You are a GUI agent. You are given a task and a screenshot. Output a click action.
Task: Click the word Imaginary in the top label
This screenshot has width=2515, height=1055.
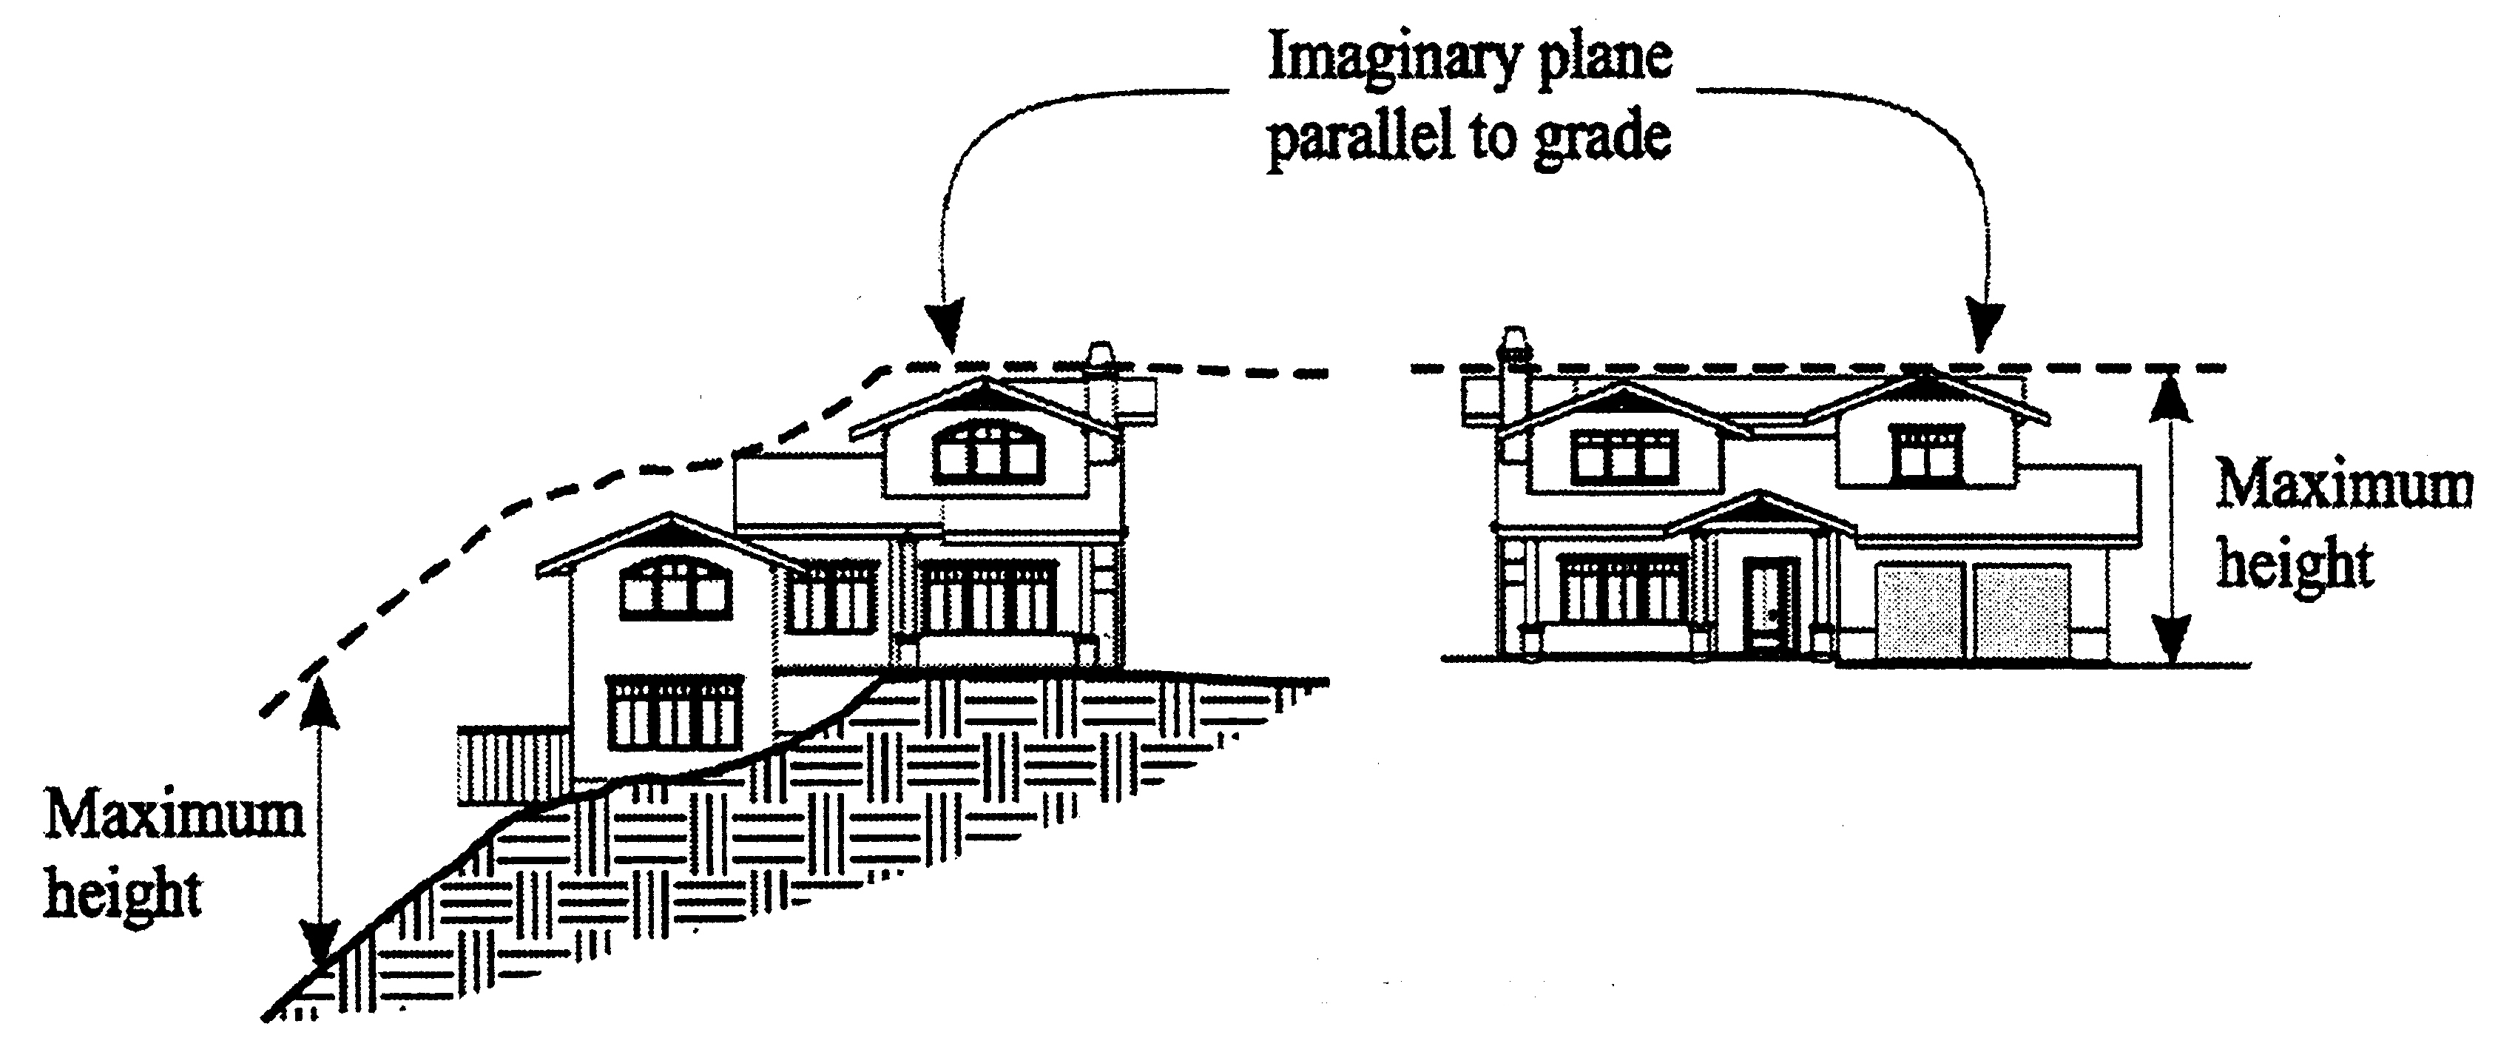click(x=1392, y=58)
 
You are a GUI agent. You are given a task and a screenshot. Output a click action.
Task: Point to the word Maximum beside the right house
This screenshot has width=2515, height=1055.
click(x=2343, y=488)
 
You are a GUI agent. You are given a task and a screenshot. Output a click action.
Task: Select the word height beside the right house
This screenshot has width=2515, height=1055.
click(x=2295, y=564)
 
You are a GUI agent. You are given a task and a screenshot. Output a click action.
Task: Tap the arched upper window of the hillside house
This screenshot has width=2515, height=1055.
click(x=988, y=454)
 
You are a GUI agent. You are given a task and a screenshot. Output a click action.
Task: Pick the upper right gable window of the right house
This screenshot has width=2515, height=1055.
click(x=1926, y=454)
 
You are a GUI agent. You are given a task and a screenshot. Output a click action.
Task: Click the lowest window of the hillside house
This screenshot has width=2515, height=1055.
click(x=674, y=712)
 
